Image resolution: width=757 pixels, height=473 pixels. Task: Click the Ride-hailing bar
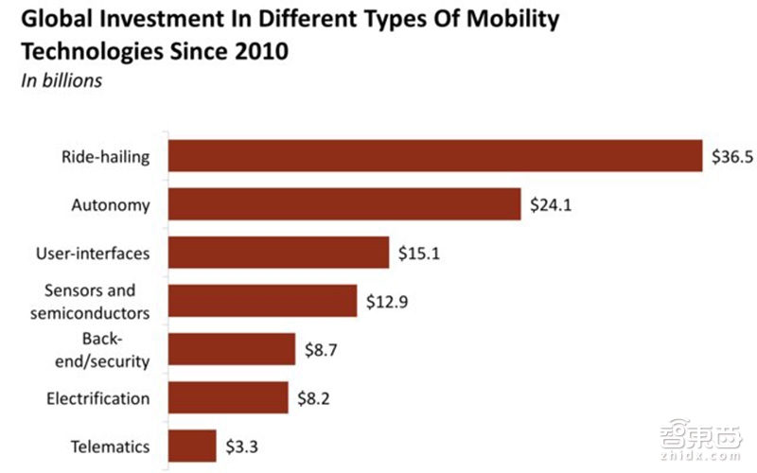tap(433, 156)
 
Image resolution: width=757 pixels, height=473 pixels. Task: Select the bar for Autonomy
tap(343, 203)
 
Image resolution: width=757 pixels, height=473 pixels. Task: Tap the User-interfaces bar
tap(278, 253)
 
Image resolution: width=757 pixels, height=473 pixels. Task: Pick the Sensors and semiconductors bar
tap(261, 301)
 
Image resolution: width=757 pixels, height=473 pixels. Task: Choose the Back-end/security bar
tap(231, 349)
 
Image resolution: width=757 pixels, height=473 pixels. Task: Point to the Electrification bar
tap(227, 397)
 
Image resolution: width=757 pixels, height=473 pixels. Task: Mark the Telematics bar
tap(191, 446)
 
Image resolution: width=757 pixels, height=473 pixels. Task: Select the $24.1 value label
tap(553, 204)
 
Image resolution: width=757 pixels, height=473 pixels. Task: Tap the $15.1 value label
tap(420, 254)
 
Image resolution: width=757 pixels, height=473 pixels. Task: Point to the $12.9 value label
tap(388, 302)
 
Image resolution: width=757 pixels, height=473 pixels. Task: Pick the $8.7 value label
tap(322, 350)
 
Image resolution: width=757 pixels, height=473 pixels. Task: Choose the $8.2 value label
tap(314, 398)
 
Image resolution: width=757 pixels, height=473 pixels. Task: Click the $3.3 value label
tap(241, 447)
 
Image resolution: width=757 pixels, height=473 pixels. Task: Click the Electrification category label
tap(98, 398)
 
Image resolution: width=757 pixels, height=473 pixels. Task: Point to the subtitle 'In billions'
tap(62, 80)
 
